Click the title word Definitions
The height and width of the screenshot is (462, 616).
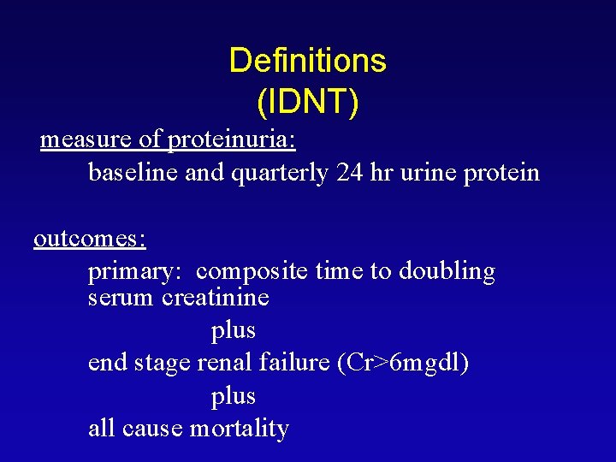308,61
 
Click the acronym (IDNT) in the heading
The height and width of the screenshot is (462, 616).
308,102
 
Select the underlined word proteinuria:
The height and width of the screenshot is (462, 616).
232,139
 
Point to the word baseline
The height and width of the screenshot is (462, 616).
133,173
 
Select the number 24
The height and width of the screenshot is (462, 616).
351,173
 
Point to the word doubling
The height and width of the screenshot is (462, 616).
446,272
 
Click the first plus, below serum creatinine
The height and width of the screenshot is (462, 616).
233,330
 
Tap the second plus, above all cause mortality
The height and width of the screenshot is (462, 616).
233,396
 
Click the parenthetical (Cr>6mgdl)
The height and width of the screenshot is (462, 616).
403,363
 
